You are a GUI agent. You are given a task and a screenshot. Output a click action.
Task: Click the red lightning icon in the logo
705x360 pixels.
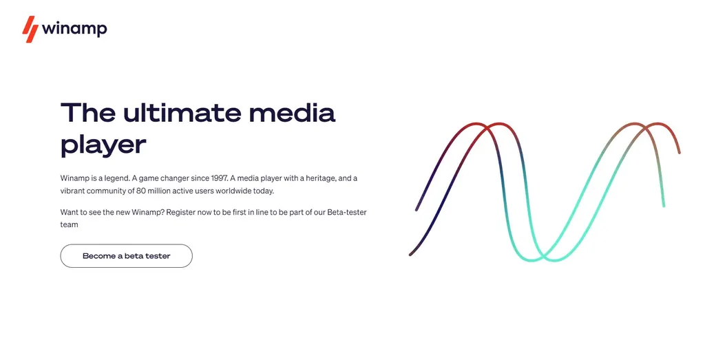click(30, 29)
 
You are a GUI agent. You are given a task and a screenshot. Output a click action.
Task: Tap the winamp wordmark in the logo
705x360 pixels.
click(74, 29)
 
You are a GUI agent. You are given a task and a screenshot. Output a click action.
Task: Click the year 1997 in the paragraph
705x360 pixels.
click(220, 178)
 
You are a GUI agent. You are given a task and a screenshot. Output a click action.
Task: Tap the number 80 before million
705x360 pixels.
click(140, 191)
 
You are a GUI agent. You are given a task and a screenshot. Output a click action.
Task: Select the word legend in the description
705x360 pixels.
click(117, 178)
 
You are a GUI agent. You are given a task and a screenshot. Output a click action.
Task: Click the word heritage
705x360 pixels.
click(321, 178)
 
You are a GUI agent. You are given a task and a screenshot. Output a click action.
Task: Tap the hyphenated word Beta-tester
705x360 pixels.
click(347, 212)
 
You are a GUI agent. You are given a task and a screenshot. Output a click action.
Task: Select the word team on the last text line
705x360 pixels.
click(70, 224)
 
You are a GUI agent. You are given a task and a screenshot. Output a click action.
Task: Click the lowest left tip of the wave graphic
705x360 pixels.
click(410, 255)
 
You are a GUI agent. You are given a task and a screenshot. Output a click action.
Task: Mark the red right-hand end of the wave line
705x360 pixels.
click(679, 152)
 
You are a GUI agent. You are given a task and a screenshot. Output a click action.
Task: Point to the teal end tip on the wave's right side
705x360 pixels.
click(664, 205)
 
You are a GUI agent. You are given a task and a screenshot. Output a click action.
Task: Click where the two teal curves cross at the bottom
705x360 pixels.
click(543, 257)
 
